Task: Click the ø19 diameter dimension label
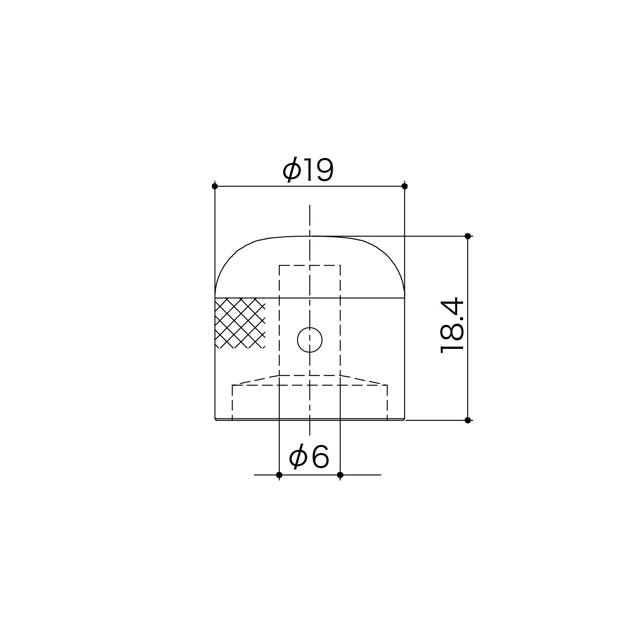coord(308,170)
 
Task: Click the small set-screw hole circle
coord(310,340)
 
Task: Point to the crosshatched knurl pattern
coord(240,323)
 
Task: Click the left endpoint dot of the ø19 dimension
coord(215,186)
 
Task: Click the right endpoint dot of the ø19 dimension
coord(404,186)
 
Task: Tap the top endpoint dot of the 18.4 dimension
coord(468,236)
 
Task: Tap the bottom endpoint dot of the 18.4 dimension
coord(468,420)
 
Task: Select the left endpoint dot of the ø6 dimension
coord(279,475)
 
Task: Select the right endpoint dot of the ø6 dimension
coord(340,475)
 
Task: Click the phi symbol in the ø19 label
coord(292,170)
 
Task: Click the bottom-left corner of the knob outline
coord(215,420)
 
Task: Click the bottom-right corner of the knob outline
coord(404,420)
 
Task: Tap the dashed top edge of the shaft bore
coord(310,265)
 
